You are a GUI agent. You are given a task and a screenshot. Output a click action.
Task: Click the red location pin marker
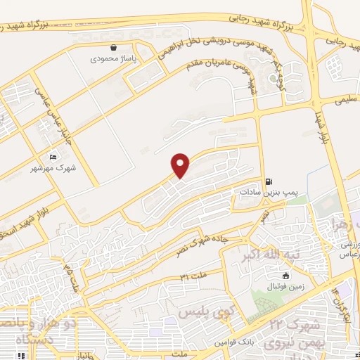[181, 165]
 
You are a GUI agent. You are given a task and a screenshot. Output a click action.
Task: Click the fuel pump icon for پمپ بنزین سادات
[270, 180]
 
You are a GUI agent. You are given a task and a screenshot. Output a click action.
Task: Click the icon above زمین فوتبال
[285, 275]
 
